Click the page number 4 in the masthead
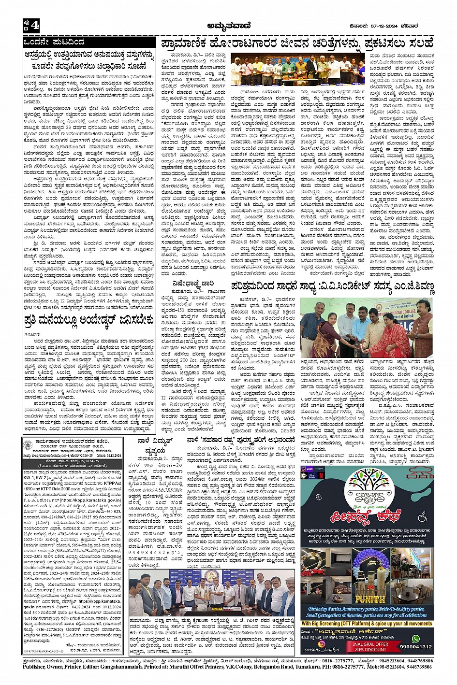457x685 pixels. click(x=35, y=25)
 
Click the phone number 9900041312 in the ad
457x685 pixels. click(x=415, y=646)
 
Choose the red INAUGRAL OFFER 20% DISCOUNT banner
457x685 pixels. click(x=370, y=646)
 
